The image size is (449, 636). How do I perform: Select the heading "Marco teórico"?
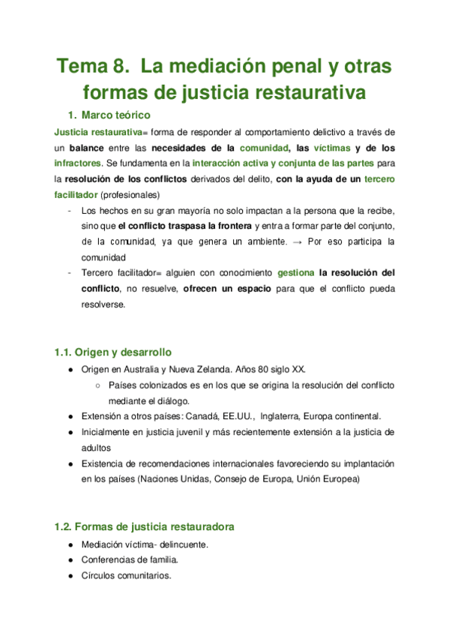[x=116, y=115]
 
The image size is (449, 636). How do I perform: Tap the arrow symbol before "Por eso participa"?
[x=296, y=242]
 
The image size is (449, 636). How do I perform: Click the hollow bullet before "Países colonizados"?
[x=99, y=385]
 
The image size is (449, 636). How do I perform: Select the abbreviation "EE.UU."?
[x=240, y=416]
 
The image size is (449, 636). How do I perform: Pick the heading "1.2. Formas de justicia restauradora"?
[x=144, y=526]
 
